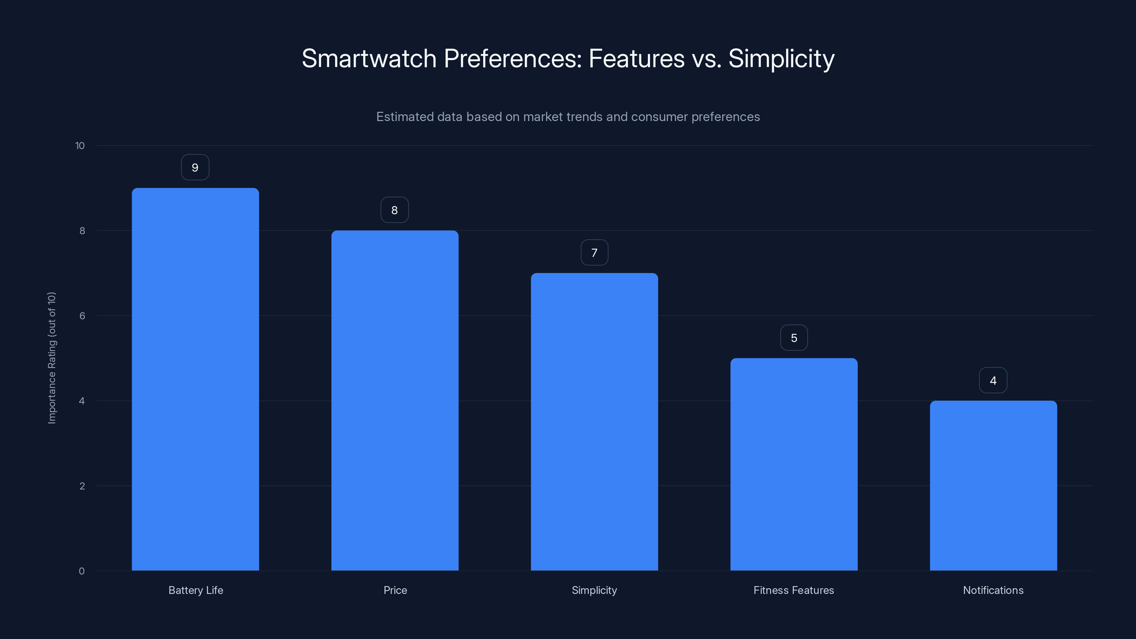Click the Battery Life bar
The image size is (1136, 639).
(195, 379)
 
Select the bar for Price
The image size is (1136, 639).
(395, 400)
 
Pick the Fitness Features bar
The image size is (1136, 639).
(794, 464)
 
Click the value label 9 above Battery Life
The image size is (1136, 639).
(195, 168)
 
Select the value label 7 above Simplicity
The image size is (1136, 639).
(594, 253)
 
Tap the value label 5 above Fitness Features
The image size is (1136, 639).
(794, 338)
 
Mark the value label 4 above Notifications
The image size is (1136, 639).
(993, 381)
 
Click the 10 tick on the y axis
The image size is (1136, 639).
(80, 146)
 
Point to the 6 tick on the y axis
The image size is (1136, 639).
(82, 316)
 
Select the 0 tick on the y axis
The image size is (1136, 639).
(82, 571)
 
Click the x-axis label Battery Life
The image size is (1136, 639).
(196, 590)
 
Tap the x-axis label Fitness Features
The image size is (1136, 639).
(793, 590)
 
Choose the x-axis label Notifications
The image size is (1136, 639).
(993, 590)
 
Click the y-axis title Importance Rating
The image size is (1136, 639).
(52, 357)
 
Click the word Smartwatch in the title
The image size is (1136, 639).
(369, 59)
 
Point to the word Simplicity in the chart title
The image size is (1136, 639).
(781, 59)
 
